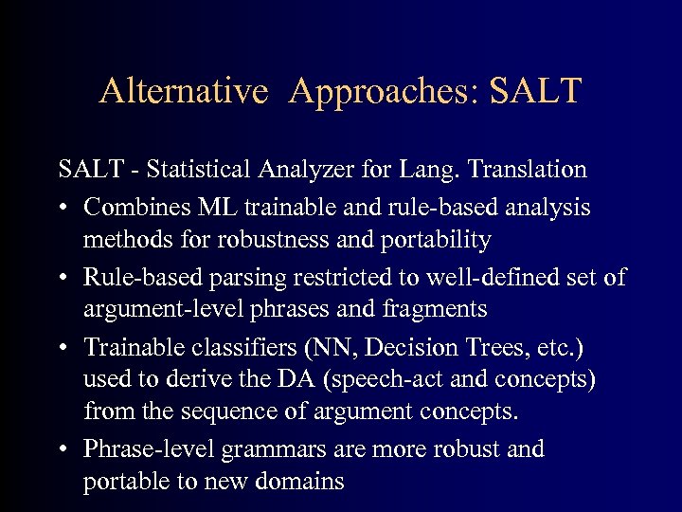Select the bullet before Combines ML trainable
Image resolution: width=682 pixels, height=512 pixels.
(x=63, y=206)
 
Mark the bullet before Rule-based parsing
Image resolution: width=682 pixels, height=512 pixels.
(x=63, y=276)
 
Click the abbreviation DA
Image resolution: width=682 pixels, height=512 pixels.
(x=271, y=379)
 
